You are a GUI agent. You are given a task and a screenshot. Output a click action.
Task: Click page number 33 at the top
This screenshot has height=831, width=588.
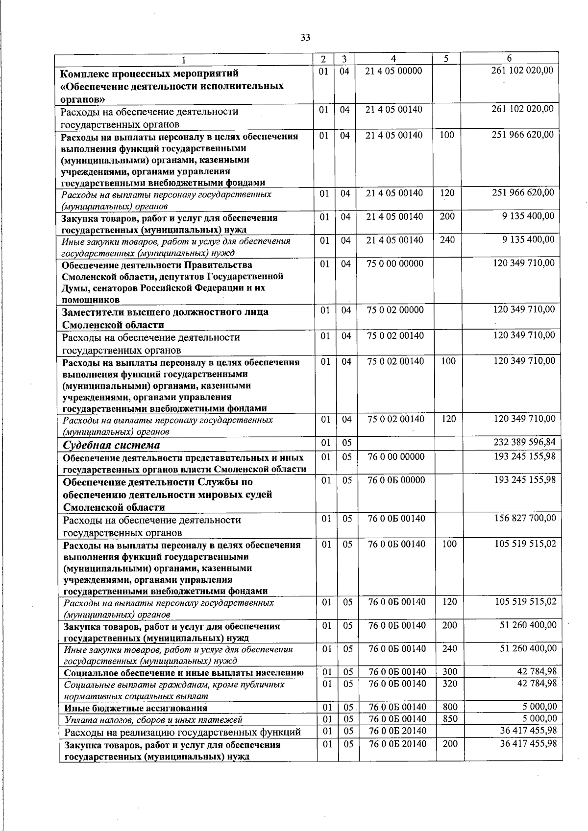tap(305, 38)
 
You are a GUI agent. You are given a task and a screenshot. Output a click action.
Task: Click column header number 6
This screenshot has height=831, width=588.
tap(509, 58)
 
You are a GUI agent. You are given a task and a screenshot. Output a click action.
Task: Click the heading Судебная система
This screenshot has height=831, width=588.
tap(112, 445)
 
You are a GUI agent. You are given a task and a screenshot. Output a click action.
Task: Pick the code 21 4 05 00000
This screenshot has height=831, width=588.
tap(394, 71)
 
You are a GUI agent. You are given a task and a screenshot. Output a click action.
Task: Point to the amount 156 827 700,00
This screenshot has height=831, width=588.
tap(525, 518)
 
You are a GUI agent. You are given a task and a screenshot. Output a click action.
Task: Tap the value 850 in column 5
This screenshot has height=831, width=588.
tap(449, 719)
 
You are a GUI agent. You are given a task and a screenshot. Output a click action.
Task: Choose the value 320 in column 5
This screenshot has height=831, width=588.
tap(449, 684)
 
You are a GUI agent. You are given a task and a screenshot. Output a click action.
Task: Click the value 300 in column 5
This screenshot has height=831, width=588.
tap(449, 672)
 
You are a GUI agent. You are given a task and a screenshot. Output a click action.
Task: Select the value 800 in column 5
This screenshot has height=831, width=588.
tap(449, 707)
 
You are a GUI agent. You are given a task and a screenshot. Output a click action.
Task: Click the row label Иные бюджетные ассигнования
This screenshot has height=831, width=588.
tap(136, 708)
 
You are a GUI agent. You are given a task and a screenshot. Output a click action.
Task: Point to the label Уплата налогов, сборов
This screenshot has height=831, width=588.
tap(153, 720)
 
